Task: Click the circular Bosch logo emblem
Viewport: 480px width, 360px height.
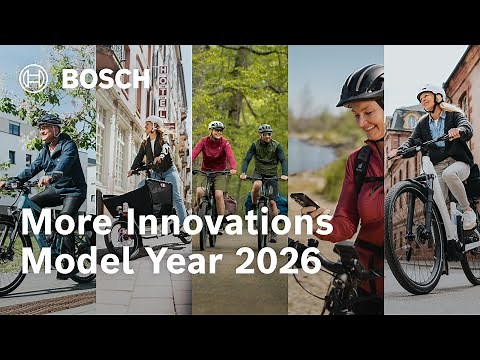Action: tap(33, 78)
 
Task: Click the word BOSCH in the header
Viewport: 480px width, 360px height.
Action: tap(105, 78)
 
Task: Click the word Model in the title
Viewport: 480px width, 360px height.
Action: tap(72, 261)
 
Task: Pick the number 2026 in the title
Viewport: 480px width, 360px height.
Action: tap(279, 261)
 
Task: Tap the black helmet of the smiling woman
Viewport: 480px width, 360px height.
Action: tap(361, 84)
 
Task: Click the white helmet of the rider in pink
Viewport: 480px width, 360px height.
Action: tap(216, 126)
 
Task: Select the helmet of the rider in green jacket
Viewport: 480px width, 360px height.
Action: tap(264, 128)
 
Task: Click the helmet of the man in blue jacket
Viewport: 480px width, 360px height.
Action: tap(49, 119)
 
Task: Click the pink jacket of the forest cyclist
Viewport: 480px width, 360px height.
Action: tap(215, 155)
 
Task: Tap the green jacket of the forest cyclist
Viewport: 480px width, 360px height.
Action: tap(264, 158)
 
